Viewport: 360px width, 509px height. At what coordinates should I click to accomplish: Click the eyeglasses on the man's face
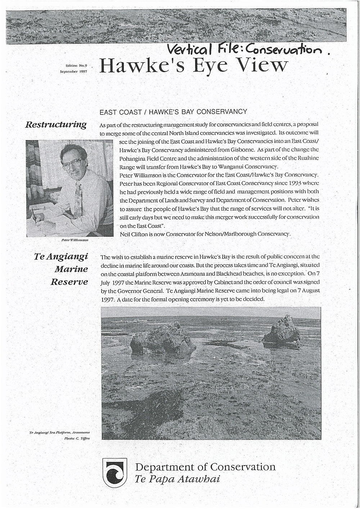[x=73, y=163]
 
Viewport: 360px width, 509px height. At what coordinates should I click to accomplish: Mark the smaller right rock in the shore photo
[x=282, y=330]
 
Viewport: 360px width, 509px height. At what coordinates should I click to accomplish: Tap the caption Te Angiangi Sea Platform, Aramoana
[x=59, y=431]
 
